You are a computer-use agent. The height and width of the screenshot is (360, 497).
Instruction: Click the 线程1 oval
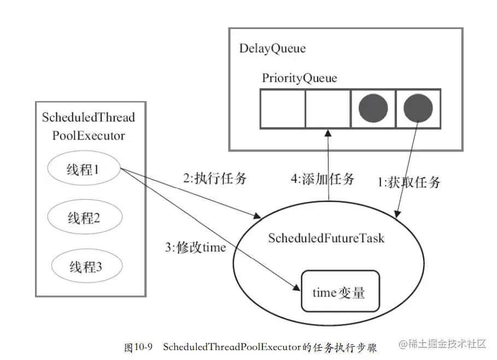pyautogui.click(x=83, y=170)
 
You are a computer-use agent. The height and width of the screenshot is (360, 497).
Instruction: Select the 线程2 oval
pyautogui.click(x=83, y=218)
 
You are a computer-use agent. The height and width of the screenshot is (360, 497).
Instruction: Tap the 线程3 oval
pyautogui.click(x=86, y=267)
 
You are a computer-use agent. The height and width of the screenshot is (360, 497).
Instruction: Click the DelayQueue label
pyautogui.click(x=272, y=48)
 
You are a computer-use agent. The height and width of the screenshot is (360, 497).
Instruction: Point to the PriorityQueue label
pyautogui.click(x=299, y=78)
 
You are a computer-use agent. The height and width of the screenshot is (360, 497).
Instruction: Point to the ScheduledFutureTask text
pyautogui.click(x=326, y=239)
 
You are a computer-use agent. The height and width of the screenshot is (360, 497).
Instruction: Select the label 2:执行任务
pyautogui.click(x=214, y=178)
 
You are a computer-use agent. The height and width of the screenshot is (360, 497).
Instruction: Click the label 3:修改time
pyautogui.click(x=195, y=247)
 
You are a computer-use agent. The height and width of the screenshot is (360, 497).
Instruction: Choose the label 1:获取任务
pyautogui.click(x=409, y=182)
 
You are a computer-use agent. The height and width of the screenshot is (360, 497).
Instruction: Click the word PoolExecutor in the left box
pyautogui.click(x=89, y=135)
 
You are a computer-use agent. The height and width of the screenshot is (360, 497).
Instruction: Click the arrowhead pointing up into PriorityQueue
pyautogui.click(x=329, y=133)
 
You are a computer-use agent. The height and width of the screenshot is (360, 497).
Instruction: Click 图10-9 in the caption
pyautogui.click(x=138, y=347)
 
